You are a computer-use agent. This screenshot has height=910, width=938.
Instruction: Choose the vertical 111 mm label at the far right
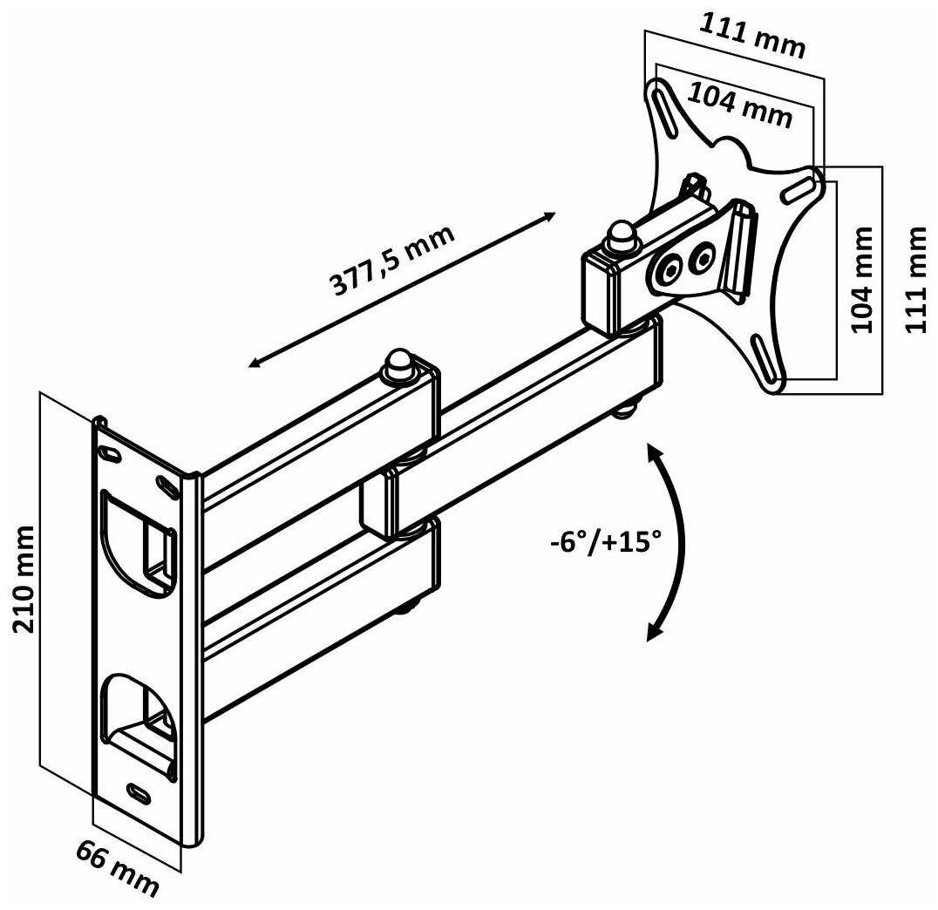coord(916,278)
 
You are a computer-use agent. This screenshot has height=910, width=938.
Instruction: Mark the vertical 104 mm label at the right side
coord(862,279)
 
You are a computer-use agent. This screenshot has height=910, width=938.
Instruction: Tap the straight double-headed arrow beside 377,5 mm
coord(401,289)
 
